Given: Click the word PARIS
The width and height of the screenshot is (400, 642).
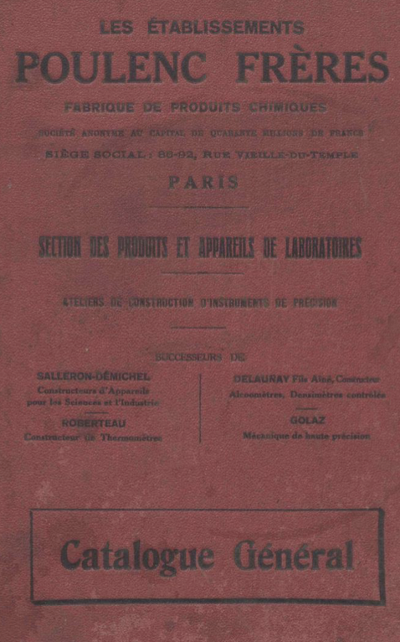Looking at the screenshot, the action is coord(203,182).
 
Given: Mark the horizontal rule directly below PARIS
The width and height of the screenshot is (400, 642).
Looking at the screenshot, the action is coord(199,207).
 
